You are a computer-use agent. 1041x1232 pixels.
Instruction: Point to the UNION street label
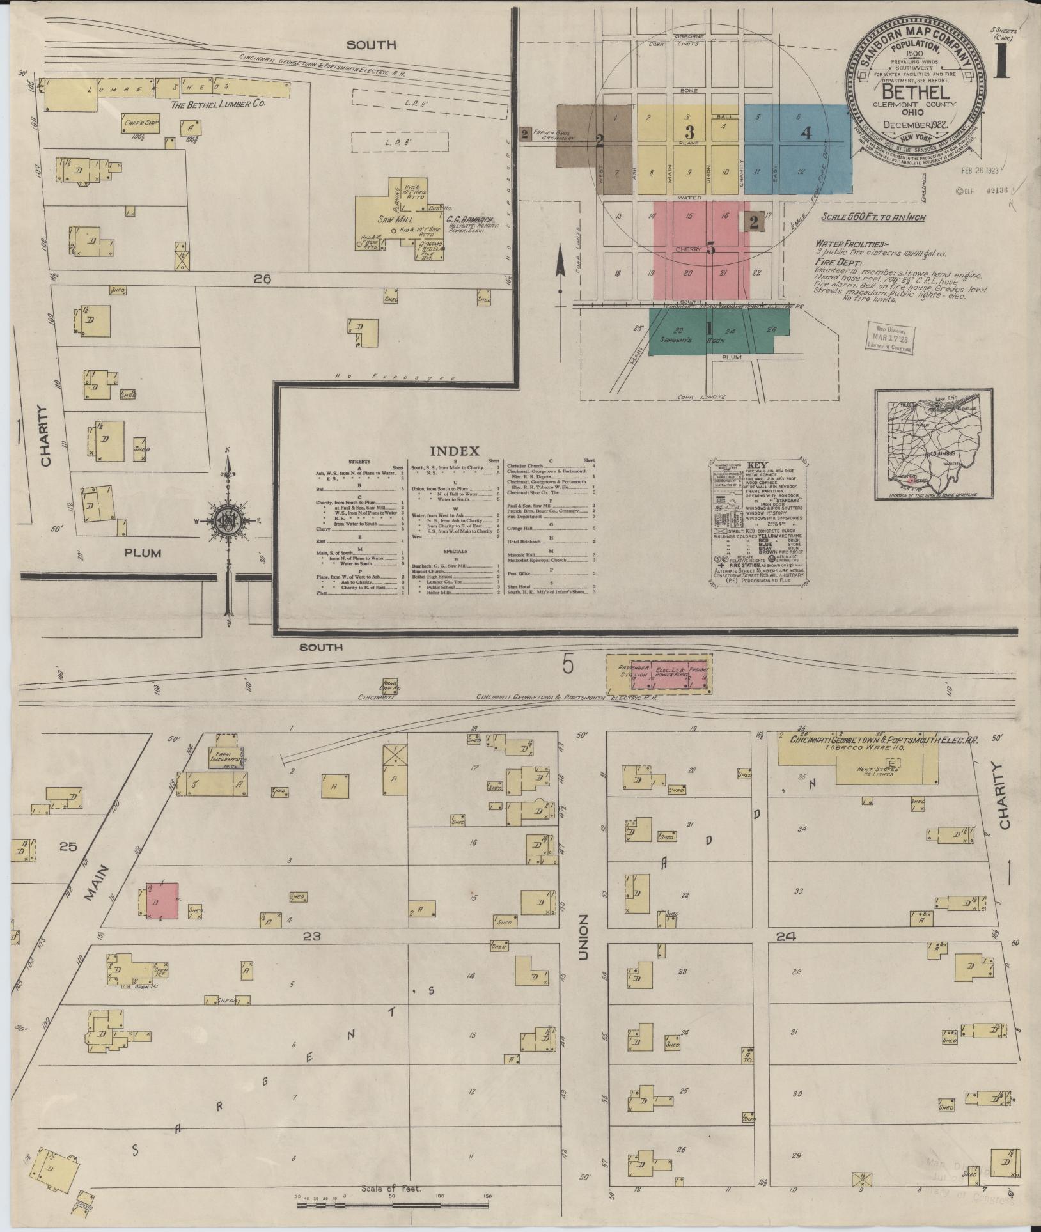(x=583, y=937)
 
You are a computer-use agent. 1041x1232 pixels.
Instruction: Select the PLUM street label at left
(x=143, y=552)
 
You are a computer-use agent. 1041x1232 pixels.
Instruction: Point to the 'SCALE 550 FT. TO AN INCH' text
(x=873, y=217)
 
